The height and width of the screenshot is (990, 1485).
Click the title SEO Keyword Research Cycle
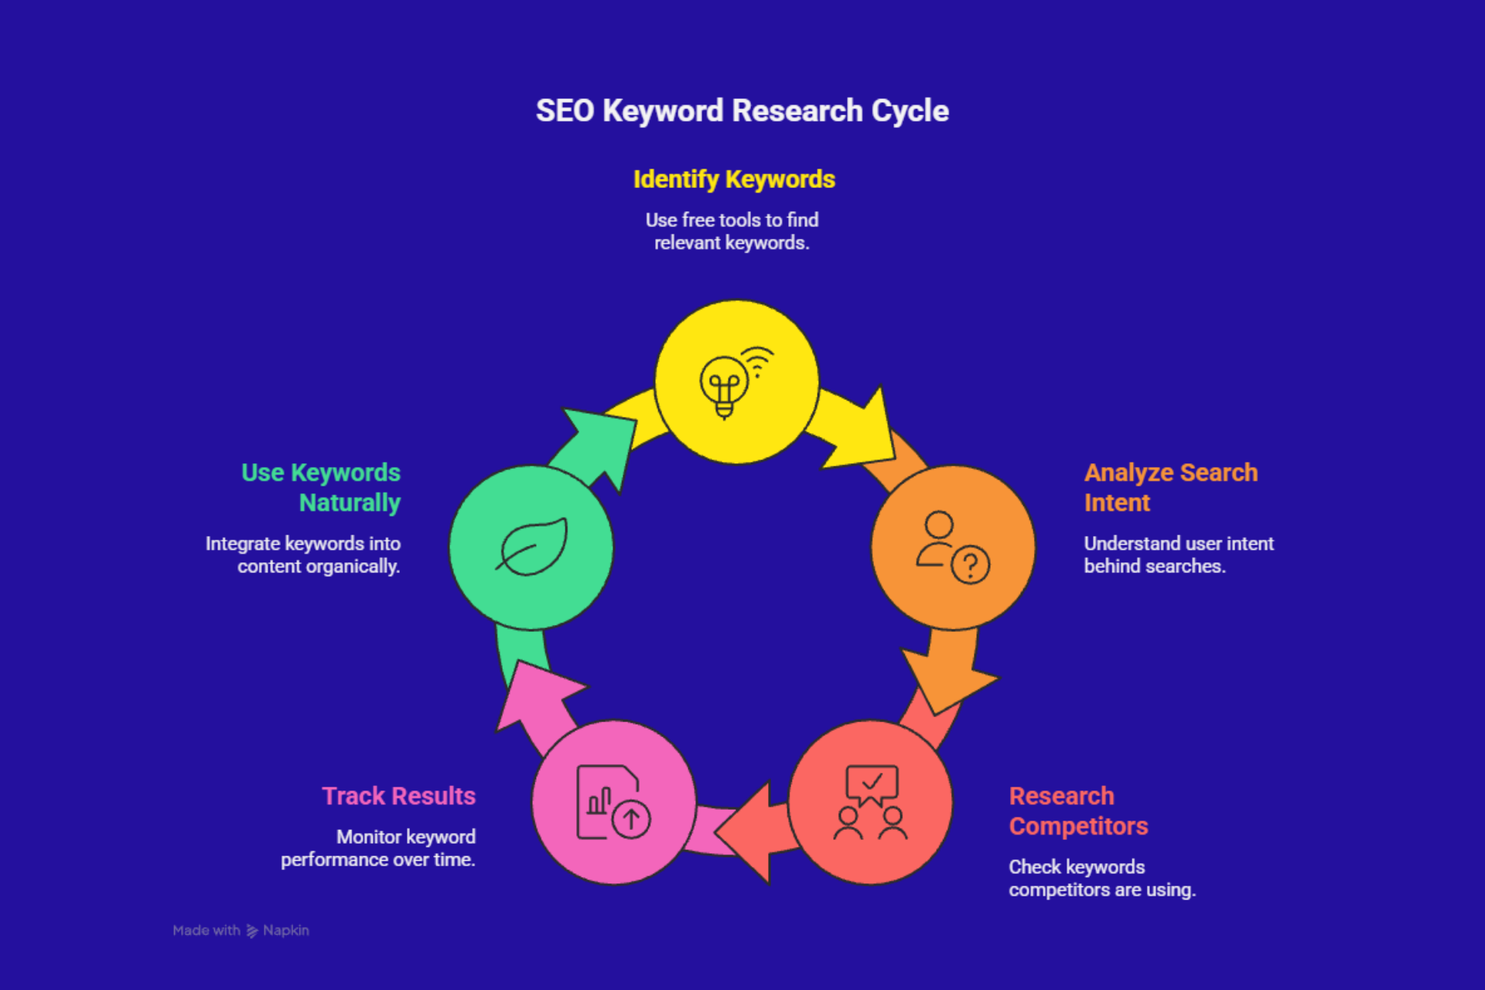tap(742, 111)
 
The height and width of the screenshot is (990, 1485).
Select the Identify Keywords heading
tap(734, 179)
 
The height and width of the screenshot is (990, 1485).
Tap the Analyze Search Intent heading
tap(1170, 487)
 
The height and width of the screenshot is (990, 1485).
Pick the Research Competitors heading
tap(1078, 811)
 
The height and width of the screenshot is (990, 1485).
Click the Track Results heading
tap(398, 796)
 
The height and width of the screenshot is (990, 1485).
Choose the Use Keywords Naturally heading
tap(321, 487)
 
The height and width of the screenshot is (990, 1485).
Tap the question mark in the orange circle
tap(971, 565)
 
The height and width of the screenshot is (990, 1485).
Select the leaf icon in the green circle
tap(532, 547)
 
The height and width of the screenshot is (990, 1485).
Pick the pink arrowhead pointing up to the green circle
tap(534, 697)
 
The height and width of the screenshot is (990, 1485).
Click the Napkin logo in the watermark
tap(252, 931)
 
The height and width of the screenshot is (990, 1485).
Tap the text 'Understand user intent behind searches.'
tap(1178, 555)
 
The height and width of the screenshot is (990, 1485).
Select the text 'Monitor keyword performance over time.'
tap(378, 848)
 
